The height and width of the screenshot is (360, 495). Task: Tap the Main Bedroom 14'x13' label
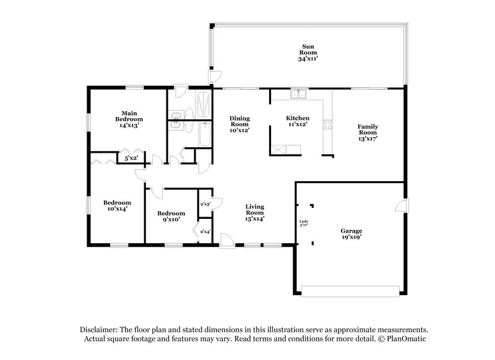click(129, 119)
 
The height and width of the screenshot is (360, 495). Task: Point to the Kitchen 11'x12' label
click(297, 122)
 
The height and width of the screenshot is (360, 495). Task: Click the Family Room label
click(367, 132)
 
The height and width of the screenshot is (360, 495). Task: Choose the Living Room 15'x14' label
click(255, 212)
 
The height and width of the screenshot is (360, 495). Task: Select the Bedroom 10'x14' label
click(117, 206)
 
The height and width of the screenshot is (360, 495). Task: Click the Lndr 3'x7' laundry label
click(303, 223)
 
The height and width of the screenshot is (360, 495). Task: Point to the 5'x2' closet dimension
click(131, 159)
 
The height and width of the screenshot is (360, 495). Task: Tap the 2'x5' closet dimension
click(205, 204)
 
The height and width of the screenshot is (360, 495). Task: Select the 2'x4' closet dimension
click(205, 231)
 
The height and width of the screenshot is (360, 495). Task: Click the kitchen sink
click(299, 95)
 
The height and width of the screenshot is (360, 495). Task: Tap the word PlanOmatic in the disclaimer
click(408, 339)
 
